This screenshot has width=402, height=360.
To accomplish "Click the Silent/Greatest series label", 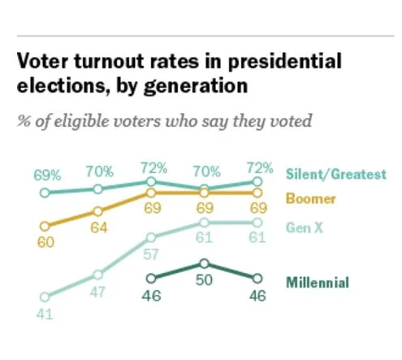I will [335, 175].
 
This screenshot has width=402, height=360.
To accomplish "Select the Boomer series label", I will [311, 197].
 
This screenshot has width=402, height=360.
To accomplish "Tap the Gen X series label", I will [305, 228].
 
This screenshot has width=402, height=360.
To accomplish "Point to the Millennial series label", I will [318, 283].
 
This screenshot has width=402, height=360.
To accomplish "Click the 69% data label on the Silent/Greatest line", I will [47, 175].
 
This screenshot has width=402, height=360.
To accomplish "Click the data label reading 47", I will [98, 293].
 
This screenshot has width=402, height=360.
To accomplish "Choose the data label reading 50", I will [205, 280].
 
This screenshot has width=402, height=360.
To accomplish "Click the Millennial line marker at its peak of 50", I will [205, 263].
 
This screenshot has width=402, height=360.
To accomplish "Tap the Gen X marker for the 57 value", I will [151, 236].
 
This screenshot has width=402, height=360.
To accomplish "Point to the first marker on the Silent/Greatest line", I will [45, 193].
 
